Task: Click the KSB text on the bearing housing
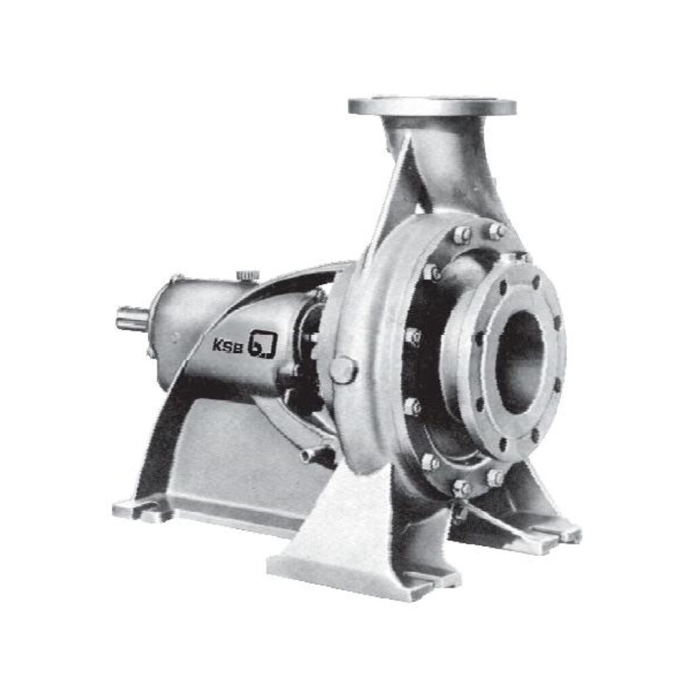(228, 345)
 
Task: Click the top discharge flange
(432, 106)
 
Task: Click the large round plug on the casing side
(344, 370)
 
